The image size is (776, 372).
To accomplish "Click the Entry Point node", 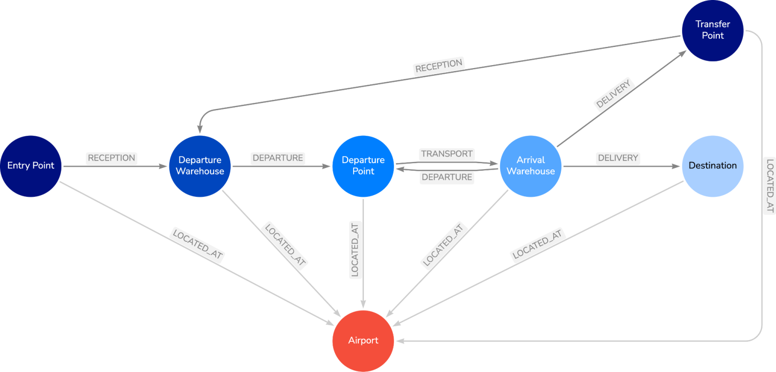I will (x=31, y=166).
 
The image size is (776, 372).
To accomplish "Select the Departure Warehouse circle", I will (x=200, y=166).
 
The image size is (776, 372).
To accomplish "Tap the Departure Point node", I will (x=363, y=166).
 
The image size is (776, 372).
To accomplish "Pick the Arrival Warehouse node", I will (x=530, y=166).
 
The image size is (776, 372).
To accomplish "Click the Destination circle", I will (x=712, y=166).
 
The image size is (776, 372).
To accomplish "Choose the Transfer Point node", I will (x=712, y=30).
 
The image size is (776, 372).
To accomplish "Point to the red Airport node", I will (x=363, y=341).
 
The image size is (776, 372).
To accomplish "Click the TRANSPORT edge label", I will (x=447, y=153).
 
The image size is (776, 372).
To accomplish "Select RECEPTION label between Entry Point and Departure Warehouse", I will (x=112, y=158).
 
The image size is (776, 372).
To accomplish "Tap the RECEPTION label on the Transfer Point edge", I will (x=439, y=67).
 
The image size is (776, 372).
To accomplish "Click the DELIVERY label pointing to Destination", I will (x=617, y=158).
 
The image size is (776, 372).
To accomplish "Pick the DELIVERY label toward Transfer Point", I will (x=613, y=94).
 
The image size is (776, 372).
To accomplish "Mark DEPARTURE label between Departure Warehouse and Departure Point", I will (x=278, y=158).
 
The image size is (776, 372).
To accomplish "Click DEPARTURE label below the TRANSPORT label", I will (x=447, y=177).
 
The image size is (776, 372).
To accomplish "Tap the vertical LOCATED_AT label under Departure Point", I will (x=355, y=249).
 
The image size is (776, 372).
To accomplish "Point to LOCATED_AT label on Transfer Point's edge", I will (x=769, y=186).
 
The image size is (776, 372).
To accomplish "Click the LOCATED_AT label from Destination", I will (x=538, y=245).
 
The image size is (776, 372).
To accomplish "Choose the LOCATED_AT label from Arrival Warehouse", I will (x=443, y=245).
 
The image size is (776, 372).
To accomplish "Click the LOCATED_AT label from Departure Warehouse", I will (x=284, y=245).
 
